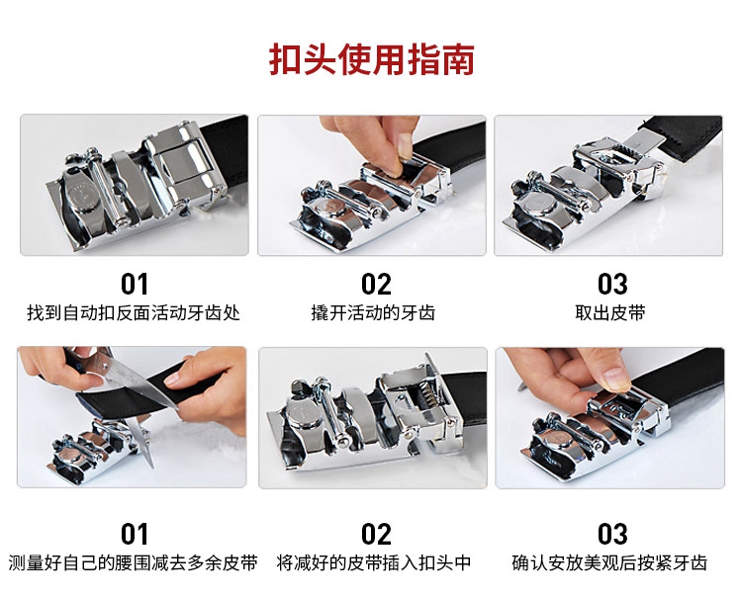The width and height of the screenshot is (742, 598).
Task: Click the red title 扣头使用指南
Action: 371,59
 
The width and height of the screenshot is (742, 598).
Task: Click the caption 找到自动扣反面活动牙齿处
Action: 134,313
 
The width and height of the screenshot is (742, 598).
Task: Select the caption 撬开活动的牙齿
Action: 373,313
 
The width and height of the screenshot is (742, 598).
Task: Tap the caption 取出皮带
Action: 610,313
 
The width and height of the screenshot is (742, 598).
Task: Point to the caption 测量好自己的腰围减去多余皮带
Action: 133,563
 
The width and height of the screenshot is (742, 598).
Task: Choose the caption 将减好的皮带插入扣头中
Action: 374,563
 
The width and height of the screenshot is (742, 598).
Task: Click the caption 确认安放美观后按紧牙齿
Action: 609,563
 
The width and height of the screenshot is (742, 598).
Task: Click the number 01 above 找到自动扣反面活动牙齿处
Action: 135,284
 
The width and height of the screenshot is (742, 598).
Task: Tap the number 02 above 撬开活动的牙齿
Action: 376,284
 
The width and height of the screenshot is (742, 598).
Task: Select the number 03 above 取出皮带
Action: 612,284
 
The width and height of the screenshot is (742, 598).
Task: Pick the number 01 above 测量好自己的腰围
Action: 135,534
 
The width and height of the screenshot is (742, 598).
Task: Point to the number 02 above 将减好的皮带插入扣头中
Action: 376,534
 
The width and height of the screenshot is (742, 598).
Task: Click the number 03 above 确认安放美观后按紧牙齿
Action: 612,534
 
